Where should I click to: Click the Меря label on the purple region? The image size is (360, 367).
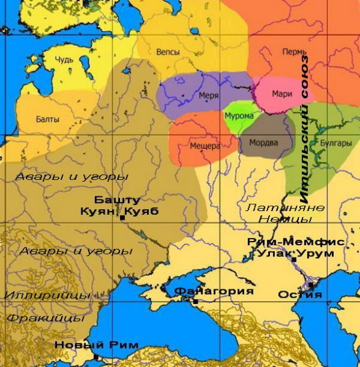click(x=208, y=96)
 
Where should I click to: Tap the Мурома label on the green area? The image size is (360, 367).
click(x=235, y=115)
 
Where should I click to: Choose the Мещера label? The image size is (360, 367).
click(x=204, y=147)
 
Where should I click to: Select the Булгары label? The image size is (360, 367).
click(x=336, y=143)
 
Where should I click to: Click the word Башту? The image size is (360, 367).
click(x=118, y=200)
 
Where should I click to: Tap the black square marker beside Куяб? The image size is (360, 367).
click(x=123, y=218)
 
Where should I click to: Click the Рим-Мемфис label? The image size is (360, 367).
click(x=295, y=242)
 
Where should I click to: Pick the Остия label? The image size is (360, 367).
click(x=299, y=294)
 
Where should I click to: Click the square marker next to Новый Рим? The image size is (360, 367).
click(x=96, y=357)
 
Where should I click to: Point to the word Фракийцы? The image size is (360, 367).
click(x=46, y=318)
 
